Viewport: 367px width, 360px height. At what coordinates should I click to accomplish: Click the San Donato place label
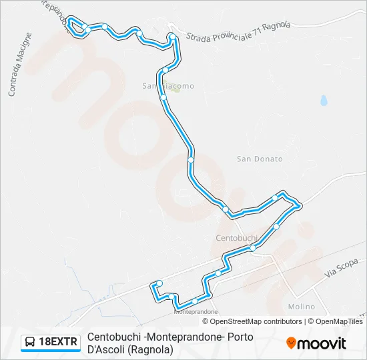260,159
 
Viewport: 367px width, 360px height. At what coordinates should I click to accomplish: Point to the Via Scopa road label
342,268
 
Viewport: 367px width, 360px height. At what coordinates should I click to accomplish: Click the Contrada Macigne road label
20,64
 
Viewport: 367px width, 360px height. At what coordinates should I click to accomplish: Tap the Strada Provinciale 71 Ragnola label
238,33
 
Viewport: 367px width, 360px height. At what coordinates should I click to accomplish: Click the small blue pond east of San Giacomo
324,101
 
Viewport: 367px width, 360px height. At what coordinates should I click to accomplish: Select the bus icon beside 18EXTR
30,343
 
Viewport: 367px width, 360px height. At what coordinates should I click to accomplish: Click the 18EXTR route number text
59,343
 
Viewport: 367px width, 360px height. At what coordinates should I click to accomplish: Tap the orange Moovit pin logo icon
291,343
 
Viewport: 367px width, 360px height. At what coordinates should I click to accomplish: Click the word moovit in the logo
322,343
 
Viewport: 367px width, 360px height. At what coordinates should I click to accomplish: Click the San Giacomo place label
167,85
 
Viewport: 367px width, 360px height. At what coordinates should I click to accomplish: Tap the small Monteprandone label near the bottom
196,311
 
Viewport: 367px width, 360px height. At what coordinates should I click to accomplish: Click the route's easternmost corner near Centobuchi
300,205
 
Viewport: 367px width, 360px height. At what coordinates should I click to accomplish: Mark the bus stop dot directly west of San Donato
191,159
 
